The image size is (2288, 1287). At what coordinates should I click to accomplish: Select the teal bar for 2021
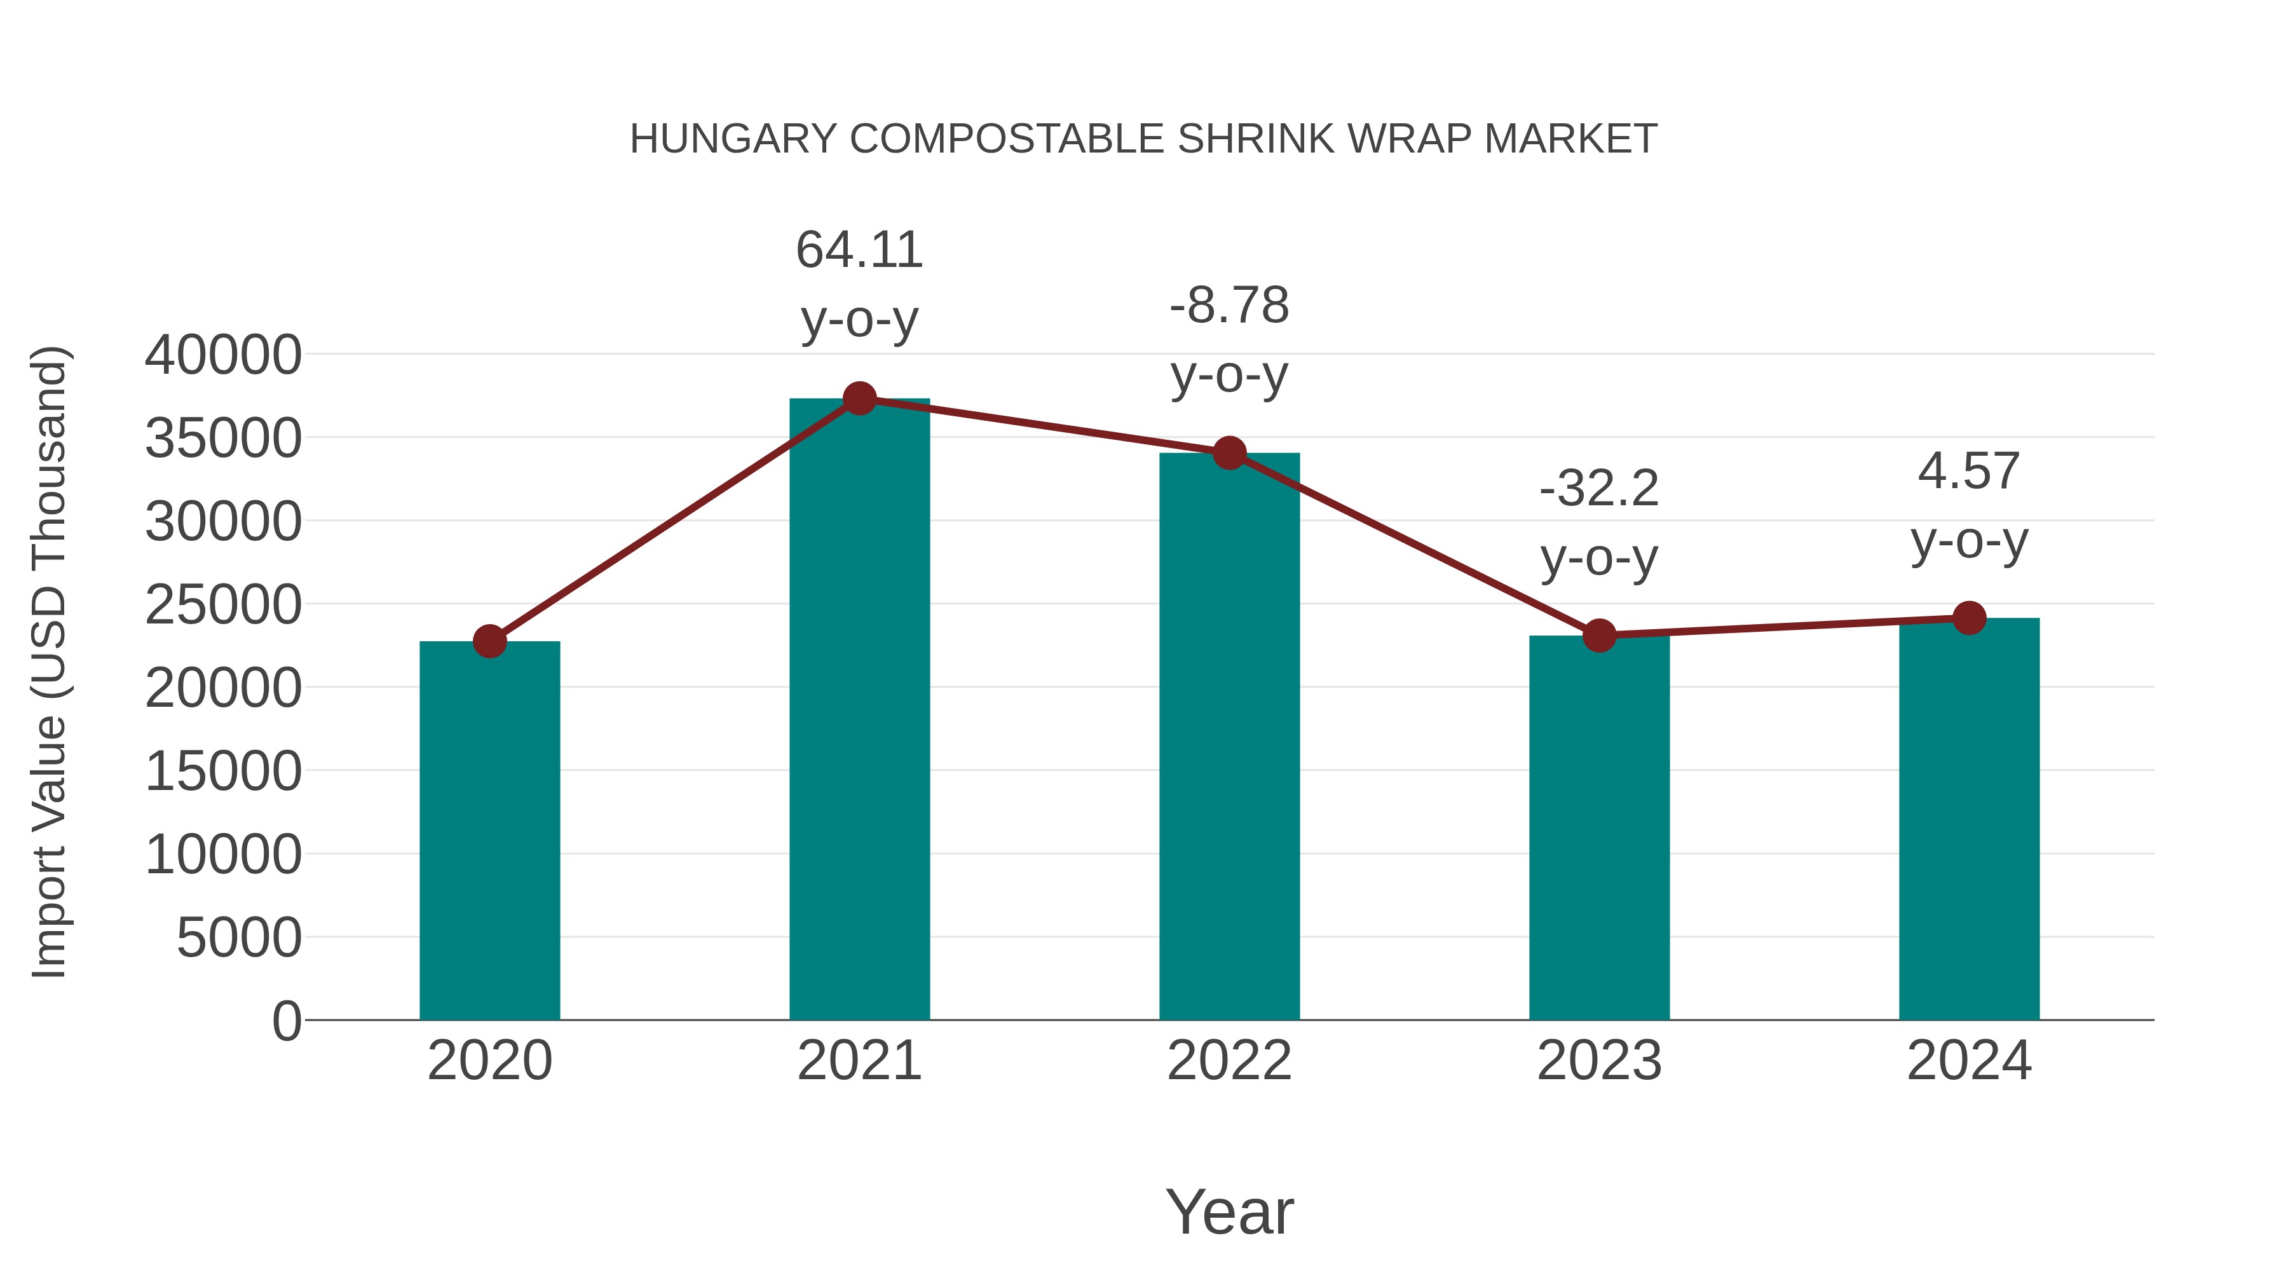[x=859, y=711]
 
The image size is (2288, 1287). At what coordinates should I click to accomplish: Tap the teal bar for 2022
[x=1229, y=737]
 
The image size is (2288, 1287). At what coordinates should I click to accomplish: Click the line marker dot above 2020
[x=489, y=641]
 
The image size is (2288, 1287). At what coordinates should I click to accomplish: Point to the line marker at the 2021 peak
[x=859, y=398]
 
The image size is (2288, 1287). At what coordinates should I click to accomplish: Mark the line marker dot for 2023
[x=1599, y=635]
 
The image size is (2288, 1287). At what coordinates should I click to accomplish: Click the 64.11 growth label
[x=859, y=250]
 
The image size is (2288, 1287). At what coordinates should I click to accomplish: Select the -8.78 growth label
[x=1229, y=306]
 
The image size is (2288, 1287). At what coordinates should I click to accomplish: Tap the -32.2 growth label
[x=1599, y=489]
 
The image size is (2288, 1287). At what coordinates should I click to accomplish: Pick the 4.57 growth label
[x=1969, y=471]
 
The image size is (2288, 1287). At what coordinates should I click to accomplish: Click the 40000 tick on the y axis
[x=223, y=355]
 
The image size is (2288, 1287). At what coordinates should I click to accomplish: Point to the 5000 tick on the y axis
[x=239, y=938]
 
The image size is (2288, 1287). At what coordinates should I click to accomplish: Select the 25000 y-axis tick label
[x=223, y=605]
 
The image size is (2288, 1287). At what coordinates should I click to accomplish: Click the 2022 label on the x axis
[x=1229, y=1061]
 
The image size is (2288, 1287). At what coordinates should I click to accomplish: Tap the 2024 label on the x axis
[x=1969, y=1061]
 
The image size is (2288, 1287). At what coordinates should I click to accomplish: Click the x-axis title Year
[x=1229, y=1211]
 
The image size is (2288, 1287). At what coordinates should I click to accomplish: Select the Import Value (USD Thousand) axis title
[x=50, y=662]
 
